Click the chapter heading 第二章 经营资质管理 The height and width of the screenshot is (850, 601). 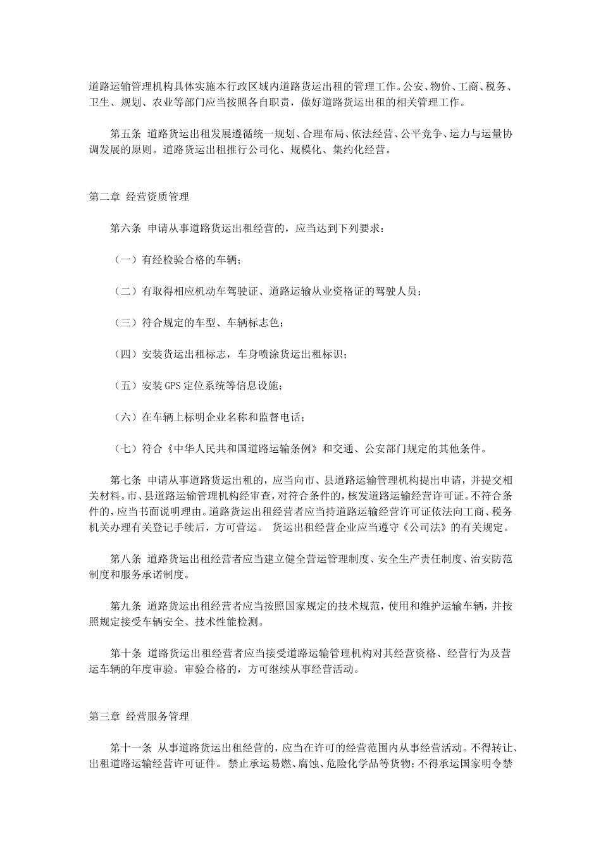(139, 197)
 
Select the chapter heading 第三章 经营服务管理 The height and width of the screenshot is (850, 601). (139, 717)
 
